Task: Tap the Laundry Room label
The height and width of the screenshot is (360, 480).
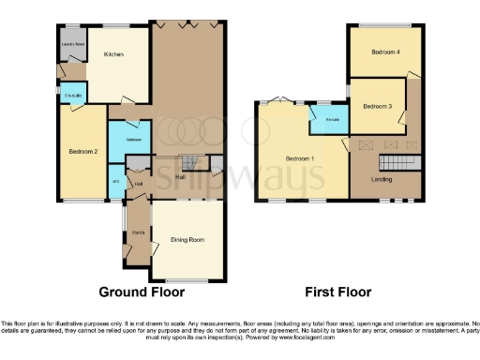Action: point(72,44)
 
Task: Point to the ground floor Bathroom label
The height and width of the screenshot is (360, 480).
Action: point(134,140)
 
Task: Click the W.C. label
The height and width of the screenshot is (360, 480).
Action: point(116,181)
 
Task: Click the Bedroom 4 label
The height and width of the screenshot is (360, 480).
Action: point(385,52)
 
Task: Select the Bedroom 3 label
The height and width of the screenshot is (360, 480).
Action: point(378,106)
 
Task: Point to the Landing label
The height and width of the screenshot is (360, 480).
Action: point(382,178)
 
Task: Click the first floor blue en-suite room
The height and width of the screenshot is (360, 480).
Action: point(331,117)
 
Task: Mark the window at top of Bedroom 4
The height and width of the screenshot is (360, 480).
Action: point(385,25)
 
